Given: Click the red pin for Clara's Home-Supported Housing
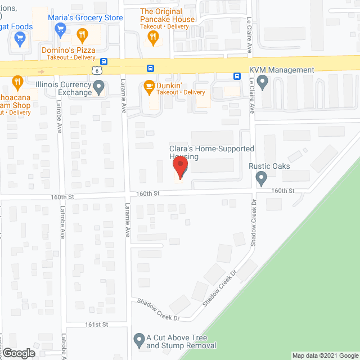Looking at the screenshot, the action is click(179, 168).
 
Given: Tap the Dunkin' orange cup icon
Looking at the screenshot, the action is click(149, 86).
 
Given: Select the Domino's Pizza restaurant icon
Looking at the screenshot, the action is click(83, 36).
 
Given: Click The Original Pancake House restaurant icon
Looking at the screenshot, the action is click(152, 38).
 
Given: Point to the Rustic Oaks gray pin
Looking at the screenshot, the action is click(261, 179).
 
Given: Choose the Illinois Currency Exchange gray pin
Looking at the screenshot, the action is click(99, 87).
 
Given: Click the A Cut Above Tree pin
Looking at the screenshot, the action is click(139, 340).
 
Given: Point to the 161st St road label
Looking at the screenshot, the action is click(96, 325).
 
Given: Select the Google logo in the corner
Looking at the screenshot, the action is click(18, 353).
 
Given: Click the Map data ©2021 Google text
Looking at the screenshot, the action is click(325, 355).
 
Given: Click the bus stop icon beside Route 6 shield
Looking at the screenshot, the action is click(103, 62).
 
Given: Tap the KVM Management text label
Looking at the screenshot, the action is click(282, 70).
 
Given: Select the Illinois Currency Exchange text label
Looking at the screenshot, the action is click(63, 88).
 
